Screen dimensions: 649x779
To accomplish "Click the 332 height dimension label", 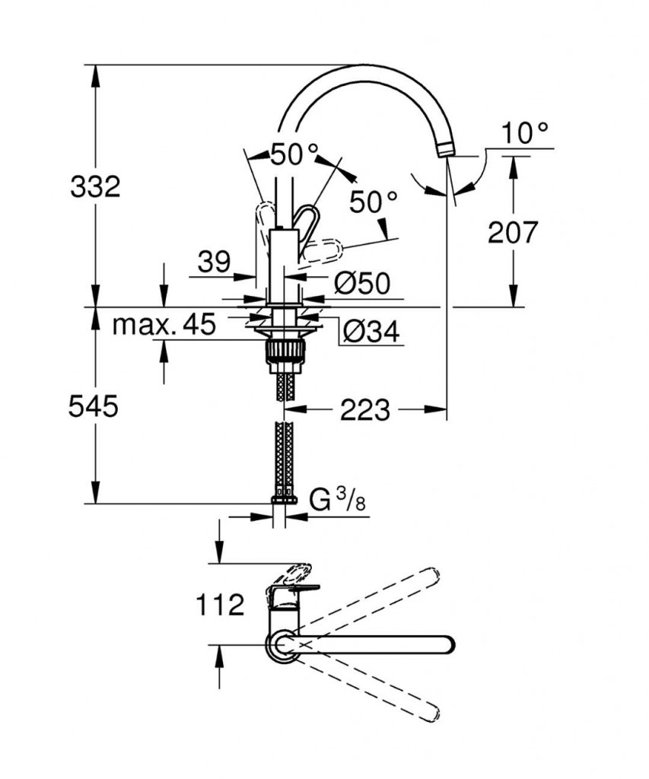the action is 95,187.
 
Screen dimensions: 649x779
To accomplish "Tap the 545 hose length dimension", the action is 94,406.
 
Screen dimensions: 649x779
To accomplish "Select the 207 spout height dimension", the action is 512,232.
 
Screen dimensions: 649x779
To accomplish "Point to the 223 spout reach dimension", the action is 365,409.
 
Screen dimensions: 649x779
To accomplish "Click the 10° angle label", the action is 525,132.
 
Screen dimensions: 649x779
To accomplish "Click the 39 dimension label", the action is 215,262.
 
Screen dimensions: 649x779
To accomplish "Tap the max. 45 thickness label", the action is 164,324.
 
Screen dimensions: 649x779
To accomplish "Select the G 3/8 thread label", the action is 337,501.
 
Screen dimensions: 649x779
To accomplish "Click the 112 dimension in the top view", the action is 220,605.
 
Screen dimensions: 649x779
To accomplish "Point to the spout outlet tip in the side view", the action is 445,151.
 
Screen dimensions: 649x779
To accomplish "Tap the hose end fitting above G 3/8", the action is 285,499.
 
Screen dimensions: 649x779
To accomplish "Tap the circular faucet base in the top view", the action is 283,645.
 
